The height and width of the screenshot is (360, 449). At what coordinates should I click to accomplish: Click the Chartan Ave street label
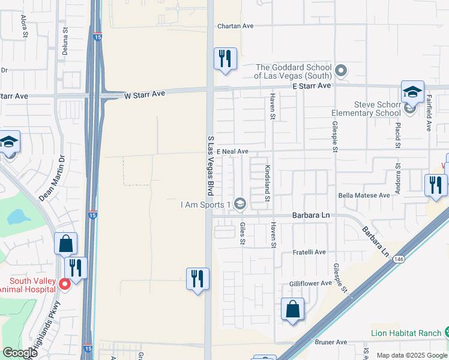point(236,26)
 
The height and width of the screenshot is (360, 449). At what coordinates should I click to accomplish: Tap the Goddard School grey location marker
point(341,71)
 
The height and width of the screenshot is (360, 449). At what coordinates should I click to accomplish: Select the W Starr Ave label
point(144,94)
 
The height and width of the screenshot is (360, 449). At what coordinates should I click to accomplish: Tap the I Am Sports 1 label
point(206,205)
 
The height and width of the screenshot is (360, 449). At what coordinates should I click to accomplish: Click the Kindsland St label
point(268,184)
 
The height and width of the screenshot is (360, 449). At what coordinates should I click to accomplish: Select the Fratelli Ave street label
point(309,252)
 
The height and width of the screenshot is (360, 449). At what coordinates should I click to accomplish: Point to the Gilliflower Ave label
point(310,283)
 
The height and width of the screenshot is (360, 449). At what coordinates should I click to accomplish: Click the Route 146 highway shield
point(399,259)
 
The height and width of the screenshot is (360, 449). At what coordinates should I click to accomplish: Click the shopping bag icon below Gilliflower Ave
point(292,310)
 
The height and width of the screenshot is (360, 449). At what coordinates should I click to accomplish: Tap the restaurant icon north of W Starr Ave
point(225,59)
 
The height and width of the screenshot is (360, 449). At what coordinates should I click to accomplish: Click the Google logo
point(20,353)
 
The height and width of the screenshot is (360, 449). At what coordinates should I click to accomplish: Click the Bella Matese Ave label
point(364,196)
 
